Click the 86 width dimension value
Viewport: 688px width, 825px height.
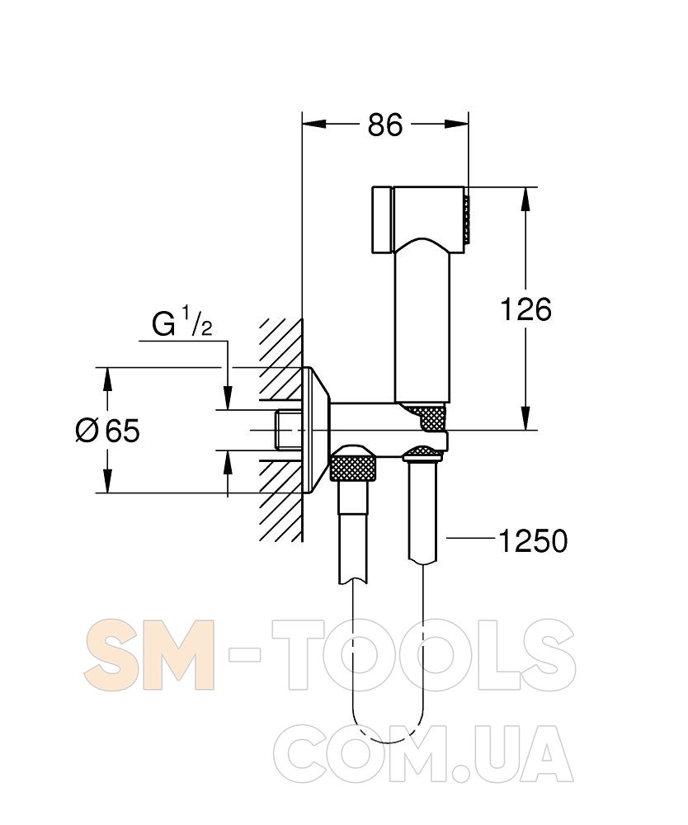[385, 125]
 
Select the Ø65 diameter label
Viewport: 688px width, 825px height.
[108, 431]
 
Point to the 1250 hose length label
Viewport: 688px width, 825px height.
[533, 541]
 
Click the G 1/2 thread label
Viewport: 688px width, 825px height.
[182, 323]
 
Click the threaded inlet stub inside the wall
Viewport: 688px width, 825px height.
[288, 431]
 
